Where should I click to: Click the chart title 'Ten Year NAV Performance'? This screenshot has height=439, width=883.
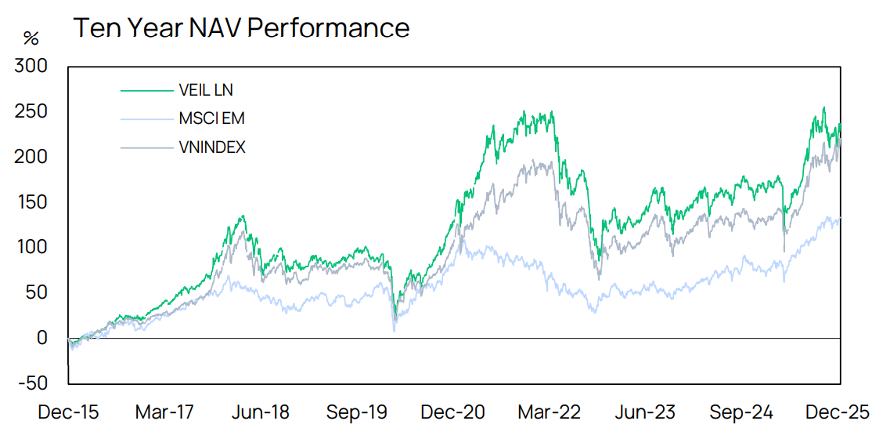pyautogui.click(x=241, y=28)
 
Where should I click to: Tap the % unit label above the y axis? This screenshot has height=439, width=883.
pyautogui.click(x=31, y=38)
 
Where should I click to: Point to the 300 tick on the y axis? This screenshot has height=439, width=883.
pyautogui.click(x=31, y=66)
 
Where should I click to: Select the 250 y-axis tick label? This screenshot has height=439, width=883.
pyautogui.click(x=31, y=111)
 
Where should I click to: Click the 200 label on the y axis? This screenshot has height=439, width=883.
pyautogui.click(x=31, y=157)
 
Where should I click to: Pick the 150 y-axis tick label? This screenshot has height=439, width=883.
pyautogui.click(x=31, y=202)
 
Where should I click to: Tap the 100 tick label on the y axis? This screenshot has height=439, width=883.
pyautogui.click(x=31, y=247)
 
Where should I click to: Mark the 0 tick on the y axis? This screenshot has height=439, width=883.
pyautogui.click(x=42, y=338)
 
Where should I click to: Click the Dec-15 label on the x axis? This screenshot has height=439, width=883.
pyautogui.click(x=68, y=412)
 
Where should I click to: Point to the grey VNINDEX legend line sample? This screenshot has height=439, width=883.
pyautogui.click(x=146, y=147)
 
